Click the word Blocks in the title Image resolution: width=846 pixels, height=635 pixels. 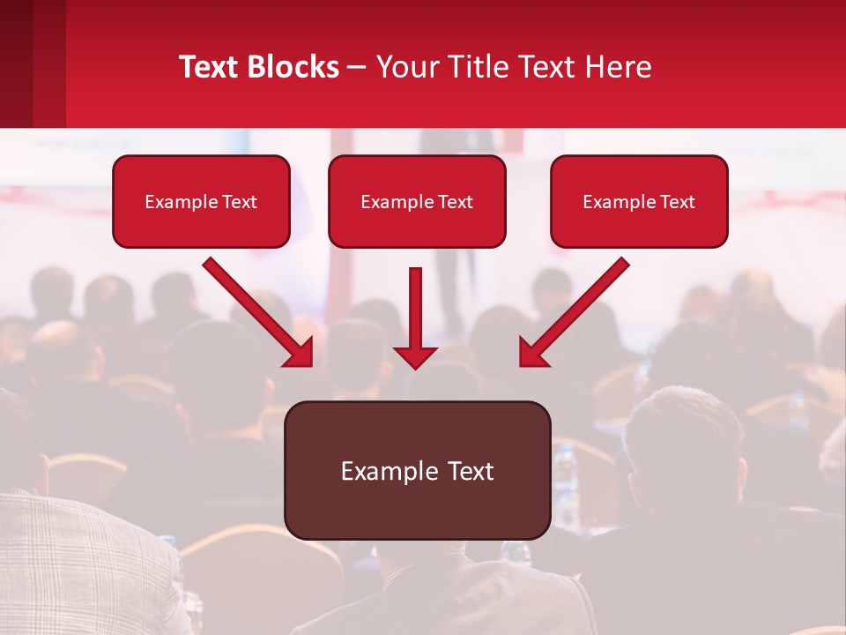click(292, 67)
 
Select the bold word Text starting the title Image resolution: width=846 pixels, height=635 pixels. click(209, 67)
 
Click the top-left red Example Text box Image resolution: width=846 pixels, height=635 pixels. click(201, 201)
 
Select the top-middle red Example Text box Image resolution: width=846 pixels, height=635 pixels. click(417, 201)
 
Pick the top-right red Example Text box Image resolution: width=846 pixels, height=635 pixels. click(639, 201)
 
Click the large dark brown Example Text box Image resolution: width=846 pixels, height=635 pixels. click(417, 470)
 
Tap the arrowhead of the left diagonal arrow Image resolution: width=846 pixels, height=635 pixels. click(300, 352)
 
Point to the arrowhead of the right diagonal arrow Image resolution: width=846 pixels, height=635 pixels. click(533, 352)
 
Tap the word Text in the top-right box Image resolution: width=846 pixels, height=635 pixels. click(677, 202)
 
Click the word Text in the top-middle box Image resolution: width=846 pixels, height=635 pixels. click(456, 202)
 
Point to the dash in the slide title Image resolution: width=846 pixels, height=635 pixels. click(357, 68)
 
